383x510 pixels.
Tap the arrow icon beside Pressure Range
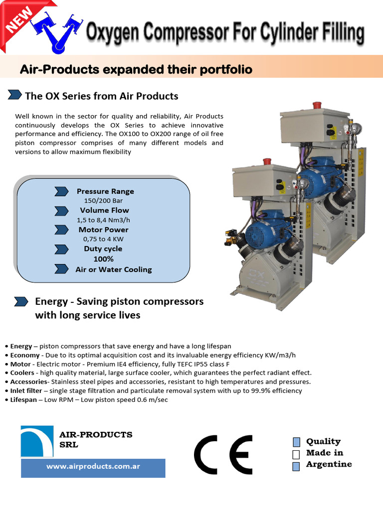pos(61,191)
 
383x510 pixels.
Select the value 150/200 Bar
pos(103,201)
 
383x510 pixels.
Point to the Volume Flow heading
pos(104,210)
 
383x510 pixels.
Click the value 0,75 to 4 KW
pos(103,239)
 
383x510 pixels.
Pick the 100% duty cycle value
pos(103,259)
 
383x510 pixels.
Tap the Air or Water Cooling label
pos(113,269)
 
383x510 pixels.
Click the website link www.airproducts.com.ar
pos(93,467)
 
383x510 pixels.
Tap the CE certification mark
pos(223,454)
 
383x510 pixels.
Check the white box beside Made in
pos(296,454)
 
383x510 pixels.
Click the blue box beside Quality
pos(296,442)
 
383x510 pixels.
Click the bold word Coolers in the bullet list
pos(22,373)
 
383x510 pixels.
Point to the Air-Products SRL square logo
pos(37,441)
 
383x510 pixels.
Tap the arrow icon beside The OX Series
pos(15,95)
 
